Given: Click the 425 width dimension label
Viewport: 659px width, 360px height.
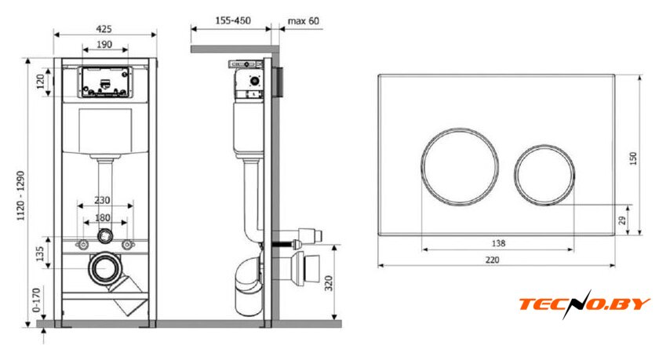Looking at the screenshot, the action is [104, 29].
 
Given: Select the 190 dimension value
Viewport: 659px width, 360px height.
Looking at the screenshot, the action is [104, 44].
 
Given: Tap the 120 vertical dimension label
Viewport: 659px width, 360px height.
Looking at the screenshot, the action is [41, 82].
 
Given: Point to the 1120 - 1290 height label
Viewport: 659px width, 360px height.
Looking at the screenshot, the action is [21, 196].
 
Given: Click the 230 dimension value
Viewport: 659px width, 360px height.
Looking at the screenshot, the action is [102, 200].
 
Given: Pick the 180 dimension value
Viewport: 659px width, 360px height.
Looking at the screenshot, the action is [103, 217].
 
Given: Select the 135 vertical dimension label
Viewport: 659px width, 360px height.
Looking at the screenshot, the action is [40, 253].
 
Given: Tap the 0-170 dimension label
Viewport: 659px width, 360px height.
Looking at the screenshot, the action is [37, 300].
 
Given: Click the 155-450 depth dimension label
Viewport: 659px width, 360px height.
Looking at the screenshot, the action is [233, 20].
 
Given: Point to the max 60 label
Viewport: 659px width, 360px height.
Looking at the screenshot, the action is [304, 20].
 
